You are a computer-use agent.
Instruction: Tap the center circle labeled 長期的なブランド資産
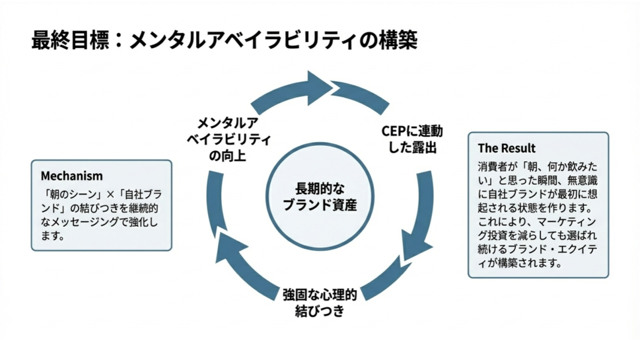tap(318, 196)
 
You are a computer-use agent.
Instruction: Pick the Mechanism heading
tap(71, 176)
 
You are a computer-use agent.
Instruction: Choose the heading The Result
tap(507, 148)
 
